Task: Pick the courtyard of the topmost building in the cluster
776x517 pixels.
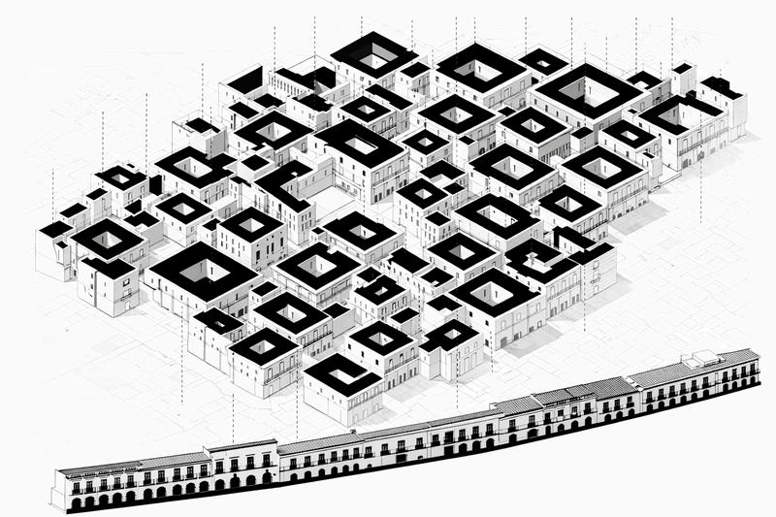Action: point(373,54)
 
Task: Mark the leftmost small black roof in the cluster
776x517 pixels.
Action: point(55,229)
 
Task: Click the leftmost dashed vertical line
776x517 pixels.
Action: point(53,194)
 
